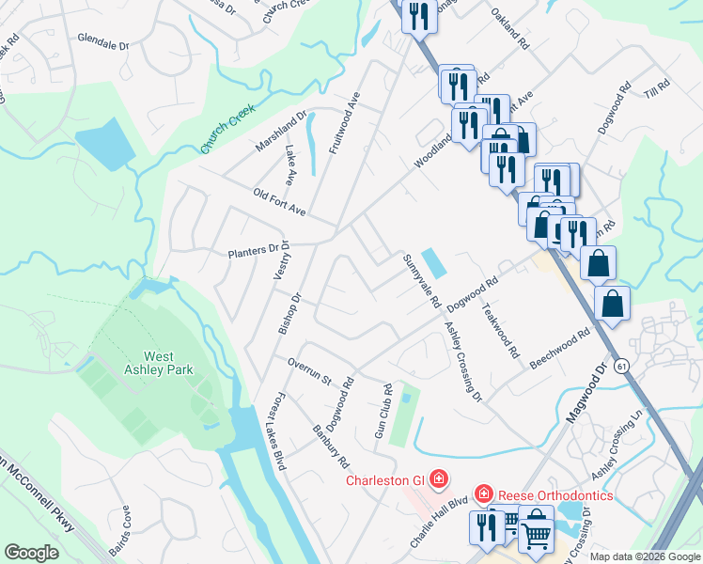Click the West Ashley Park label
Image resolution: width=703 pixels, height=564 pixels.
(x=167, y=363)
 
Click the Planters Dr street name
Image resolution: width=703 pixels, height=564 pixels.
(x=255, y=252)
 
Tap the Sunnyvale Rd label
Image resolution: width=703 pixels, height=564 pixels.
(x=421, y=281)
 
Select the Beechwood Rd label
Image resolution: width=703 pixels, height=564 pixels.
(x=559, y=348)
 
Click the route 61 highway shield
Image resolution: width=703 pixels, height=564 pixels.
(x=622, y=366)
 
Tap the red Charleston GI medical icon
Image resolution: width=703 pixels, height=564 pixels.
(x=437, y=479)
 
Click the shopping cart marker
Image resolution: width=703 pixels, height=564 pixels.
(x=536, y=531)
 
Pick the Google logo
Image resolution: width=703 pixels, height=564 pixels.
(x=32, y=553)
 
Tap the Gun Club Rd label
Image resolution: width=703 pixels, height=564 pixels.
(x=383, y=411)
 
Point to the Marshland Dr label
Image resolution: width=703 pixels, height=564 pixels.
(x=282, y=133)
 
